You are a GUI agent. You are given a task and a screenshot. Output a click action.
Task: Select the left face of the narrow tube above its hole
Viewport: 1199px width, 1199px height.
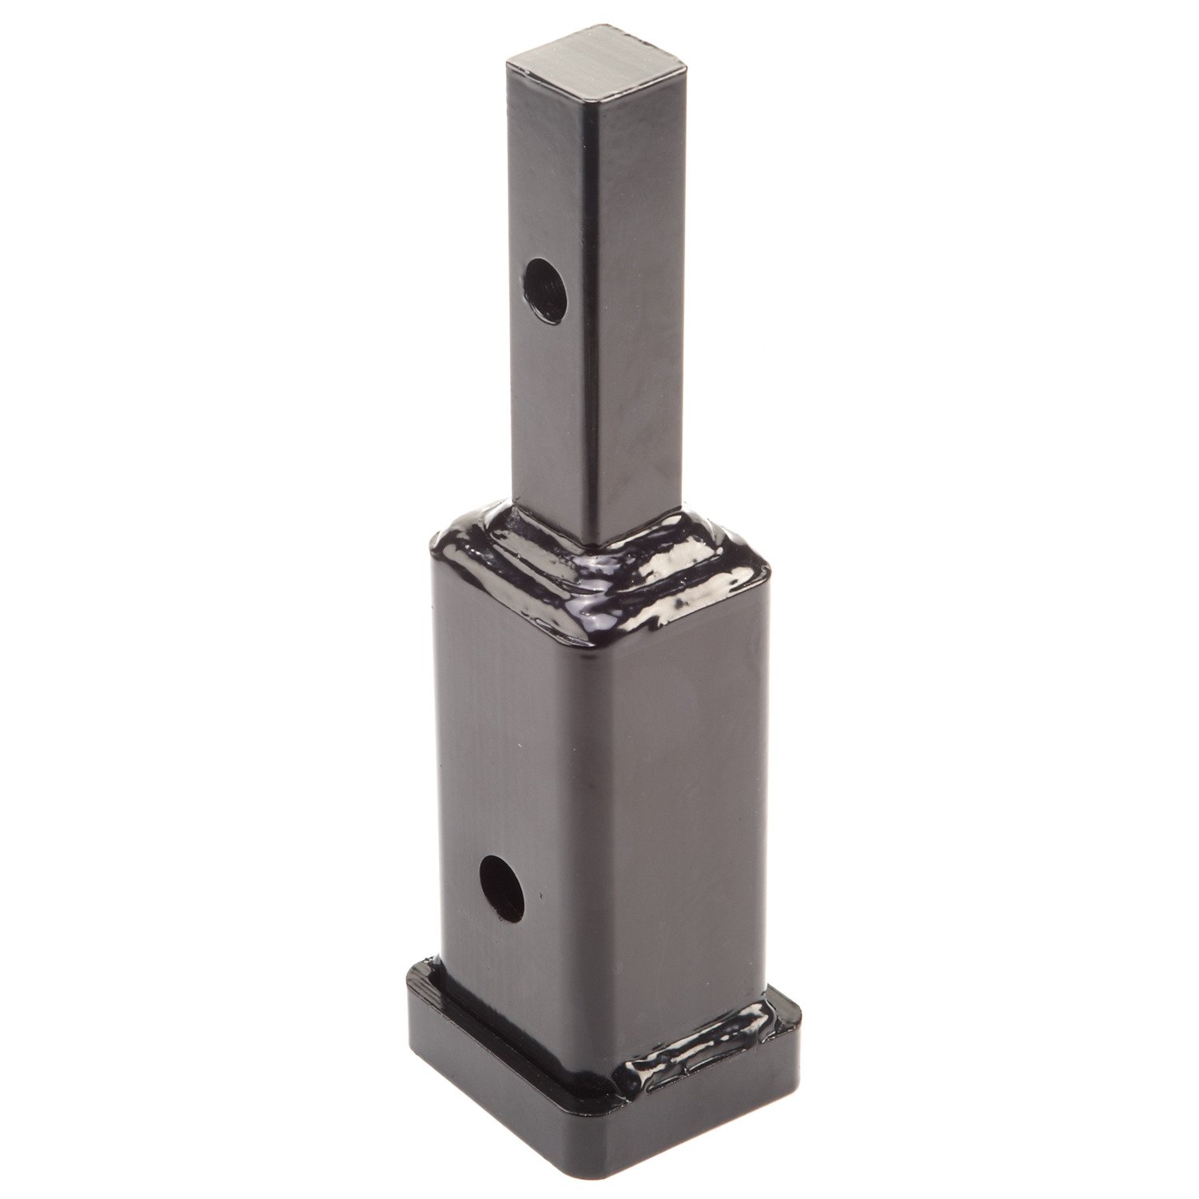tap(552, 184)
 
